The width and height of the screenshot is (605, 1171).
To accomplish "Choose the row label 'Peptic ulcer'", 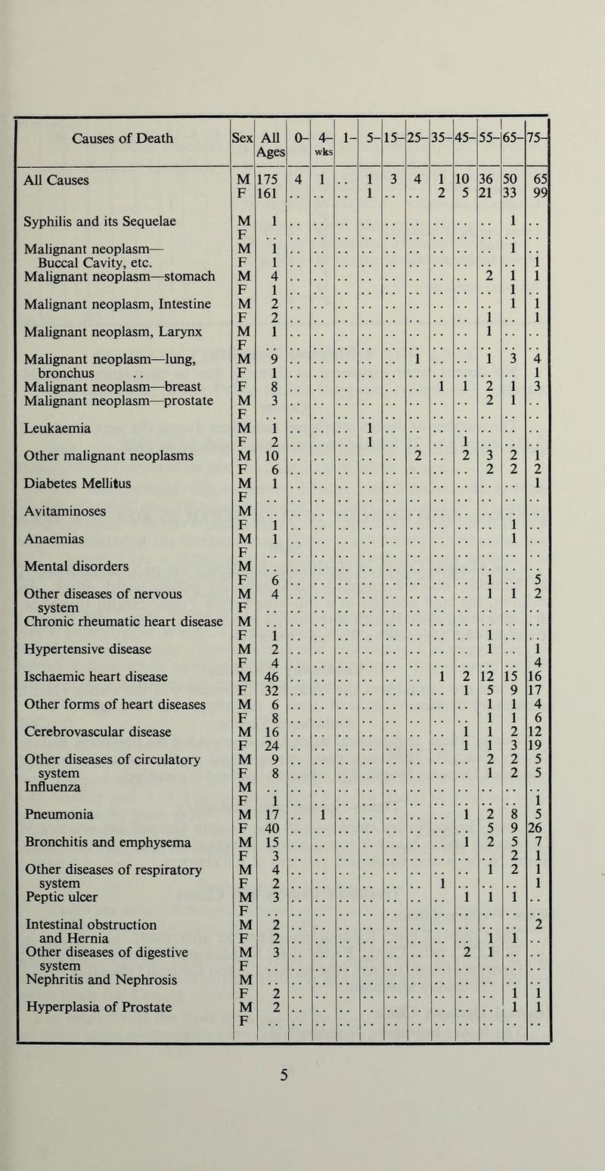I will pos(55,907).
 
